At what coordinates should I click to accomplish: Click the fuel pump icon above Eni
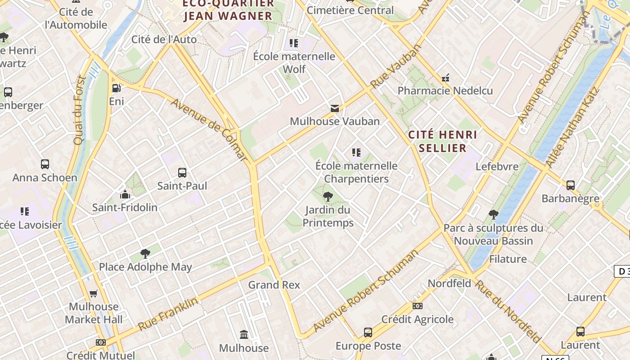pos(116,88)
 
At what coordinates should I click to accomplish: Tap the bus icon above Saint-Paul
pos(182,173)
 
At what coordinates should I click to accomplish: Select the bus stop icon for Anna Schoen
pos(45,164)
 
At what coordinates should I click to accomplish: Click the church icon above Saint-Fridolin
pos(125,194)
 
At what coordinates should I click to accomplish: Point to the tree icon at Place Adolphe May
pos(145,254)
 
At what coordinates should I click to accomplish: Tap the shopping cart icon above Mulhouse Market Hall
pos(94,294)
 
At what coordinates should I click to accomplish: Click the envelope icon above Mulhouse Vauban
pos(335,108)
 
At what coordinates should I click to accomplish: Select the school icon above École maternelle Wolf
pos(294,43)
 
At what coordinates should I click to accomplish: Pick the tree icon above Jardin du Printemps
pos(328,196)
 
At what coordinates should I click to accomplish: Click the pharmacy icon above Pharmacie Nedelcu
pos(445,78)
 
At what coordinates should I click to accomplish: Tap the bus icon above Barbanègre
pos(571,185)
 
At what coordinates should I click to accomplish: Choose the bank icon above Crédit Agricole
pos(418,306)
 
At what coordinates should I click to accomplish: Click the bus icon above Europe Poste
pos(368,333)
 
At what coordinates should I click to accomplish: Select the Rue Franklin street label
pos(168,314)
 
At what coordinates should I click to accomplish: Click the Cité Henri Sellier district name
pos(442,141)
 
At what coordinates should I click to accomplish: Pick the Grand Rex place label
pos(274,285)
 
